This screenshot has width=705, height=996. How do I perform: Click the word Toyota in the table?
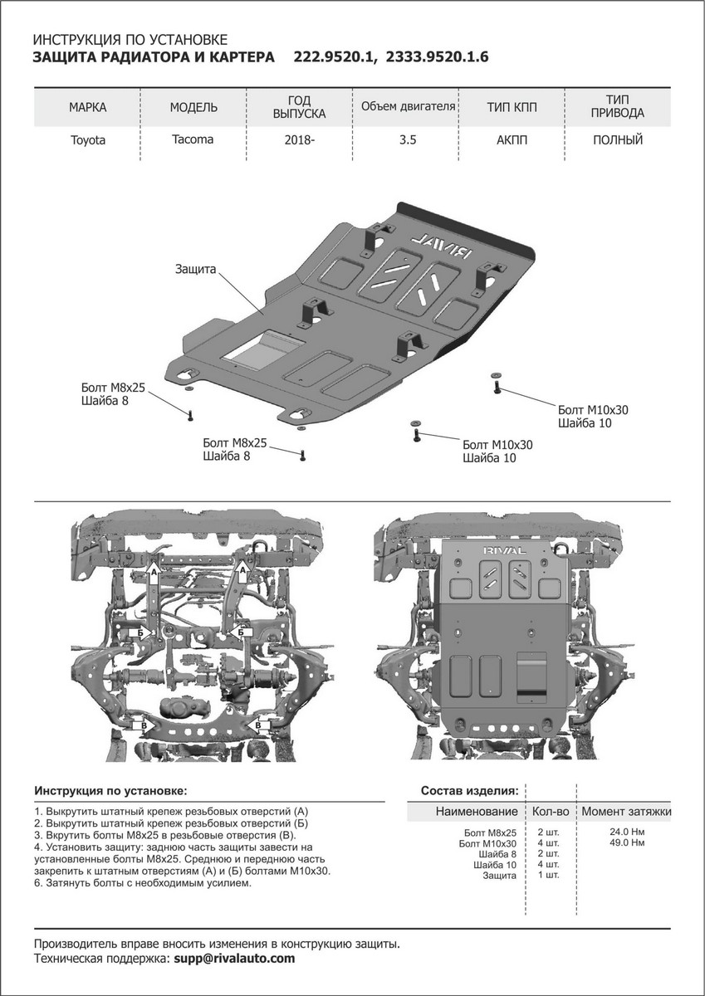(87, 140)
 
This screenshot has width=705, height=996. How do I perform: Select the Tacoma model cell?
(193, 139)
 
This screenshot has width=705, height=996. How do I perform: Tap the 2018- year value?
(300, 140)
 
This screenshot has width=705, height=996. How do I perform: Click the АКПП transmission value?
(512, 140)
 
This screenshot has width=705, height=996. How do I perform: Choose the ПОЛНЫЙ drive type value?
(618, 140)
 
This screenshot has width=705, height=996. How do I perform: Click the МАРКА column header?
(87, 108)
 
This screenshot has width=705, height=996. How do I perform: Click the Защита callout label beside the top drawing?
(195, 270)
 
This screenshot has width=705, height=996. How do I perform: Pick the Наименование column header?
(477, 811)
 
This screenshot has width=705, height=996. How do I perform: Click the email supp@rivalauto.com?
(233, 958)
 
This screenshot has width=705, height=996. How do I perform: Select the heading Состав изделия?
(470, 789)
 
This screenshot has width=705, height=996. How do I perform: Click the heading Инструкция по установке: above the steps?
(110, 789)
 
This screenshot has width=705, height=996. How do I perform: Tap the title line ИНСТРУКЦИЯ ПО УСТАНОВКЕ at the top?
(129, 40)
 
